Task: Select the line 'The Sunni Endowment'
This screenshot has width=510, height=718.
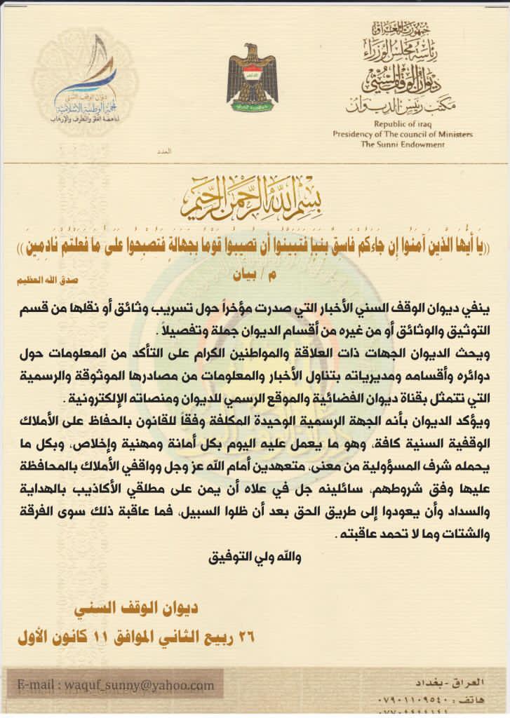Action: pyautogui.click(x=403, y=144)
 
